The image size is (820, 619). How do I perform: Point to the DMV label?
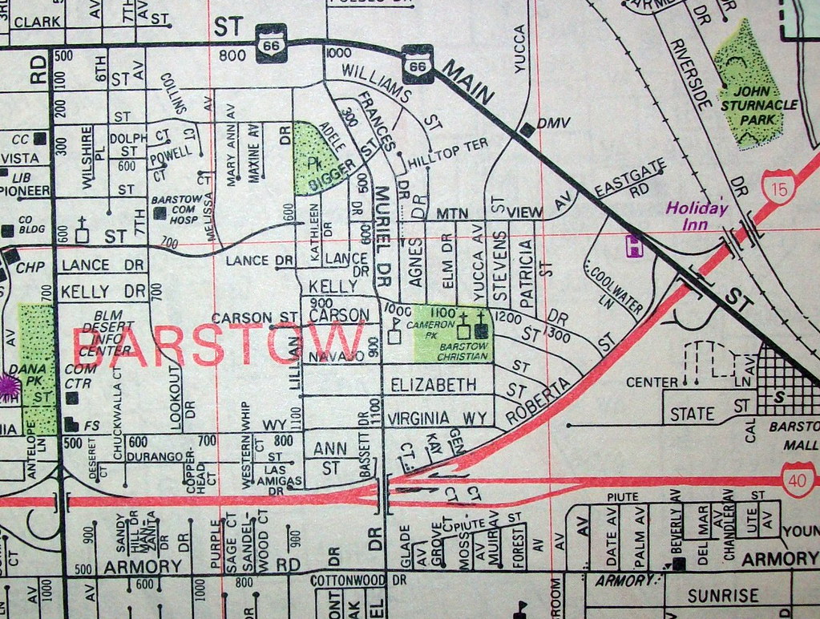click(552, 123)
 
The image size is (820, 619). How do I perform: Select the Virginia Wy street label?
click(437, 418)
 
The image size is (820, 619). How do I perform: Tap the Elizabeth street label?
click(433, 386)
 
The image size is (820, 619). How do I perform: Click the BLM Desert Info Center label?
click(111, 333)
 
